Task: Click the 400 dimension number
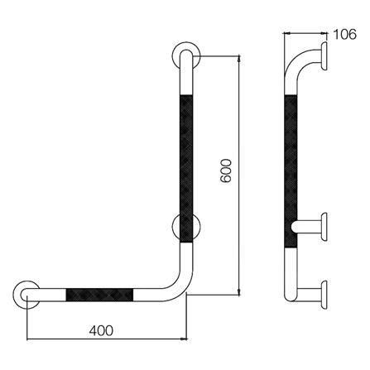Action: click(99, 329)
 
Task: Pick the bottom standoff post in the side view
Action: click(310, 292)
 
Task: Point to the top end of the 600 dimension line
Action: click(240, 56)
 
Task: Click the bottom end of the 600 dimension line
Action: click(240, 293)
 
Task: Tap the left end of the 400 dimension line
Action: click(29, 338)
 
